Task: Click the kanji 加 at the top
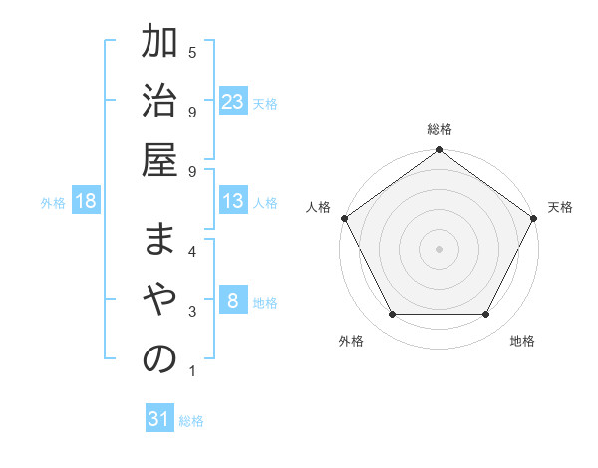[159, 45]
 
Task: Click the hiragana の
[159, 359]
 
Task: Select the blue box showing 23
[233, 102]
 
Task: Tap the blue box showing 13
[233, 201]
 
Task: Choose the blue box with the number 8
[233, 302]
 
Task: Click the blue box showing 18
[86, 202]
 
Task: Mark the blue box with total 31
[159, 420]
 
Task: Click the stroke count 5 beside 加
[192, 51]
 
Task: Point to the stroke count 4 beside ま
[192, 250]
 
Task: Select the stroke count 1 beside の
[192, 372]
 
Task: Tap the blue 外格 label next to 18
[53, 203]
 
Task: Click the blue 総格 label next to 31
[191, 421]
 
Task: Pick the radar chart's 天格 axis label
[561, 207]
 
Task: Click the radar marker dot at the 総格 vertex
[439, 150]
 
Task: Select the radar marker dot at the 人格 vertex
[345, 218]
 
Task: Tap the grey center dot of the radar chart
[439, 248]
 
